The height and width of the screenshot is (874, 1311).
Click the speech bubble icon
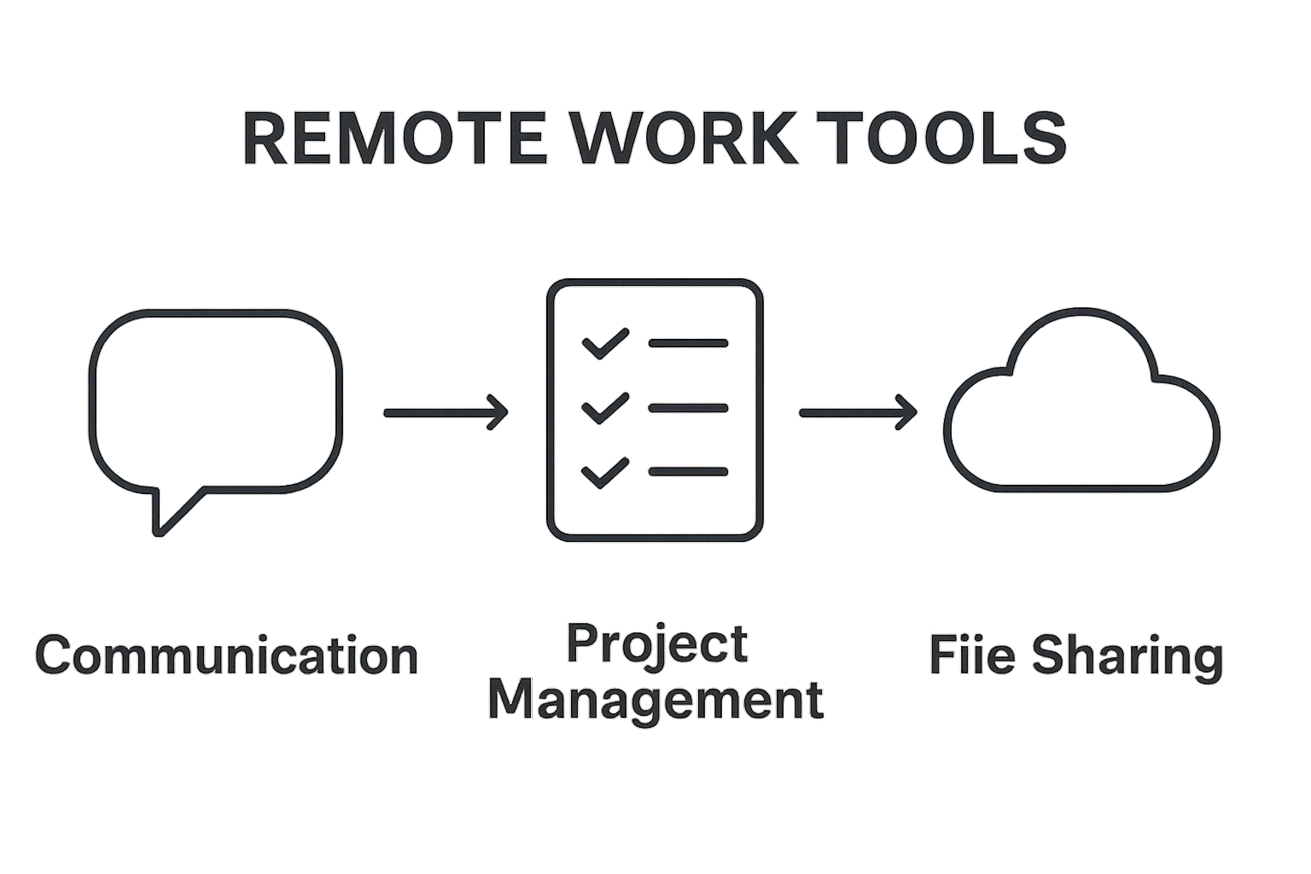point(215,401)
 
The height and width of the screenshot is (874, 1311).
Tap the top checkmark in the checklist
point(605,344)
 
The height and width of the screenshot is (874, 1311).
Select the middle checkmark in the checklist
point(605,408)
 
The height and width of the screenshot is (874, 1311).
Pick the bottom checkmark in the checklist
point(605,472)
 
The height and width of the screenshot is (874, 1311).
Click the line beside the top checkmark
point(688,343)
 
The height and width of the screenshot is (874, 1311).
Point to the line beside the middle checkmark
point(688,408)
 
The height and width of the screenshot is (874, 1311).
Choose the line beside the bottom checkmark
point(688,471)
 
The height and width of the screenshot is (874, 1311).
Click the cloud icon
point(1081,410)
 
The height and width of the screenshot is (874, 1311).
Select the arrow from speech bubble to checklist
point(446,413)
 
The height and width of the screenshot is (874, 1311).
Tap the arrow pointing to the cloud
point(857,413)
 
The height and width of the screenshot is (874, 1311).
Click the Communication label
point(227,655)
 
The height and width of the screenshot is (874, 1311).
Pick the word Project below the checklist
point(657,644)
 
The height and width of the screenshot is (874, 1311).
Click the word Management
point(655,700)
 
